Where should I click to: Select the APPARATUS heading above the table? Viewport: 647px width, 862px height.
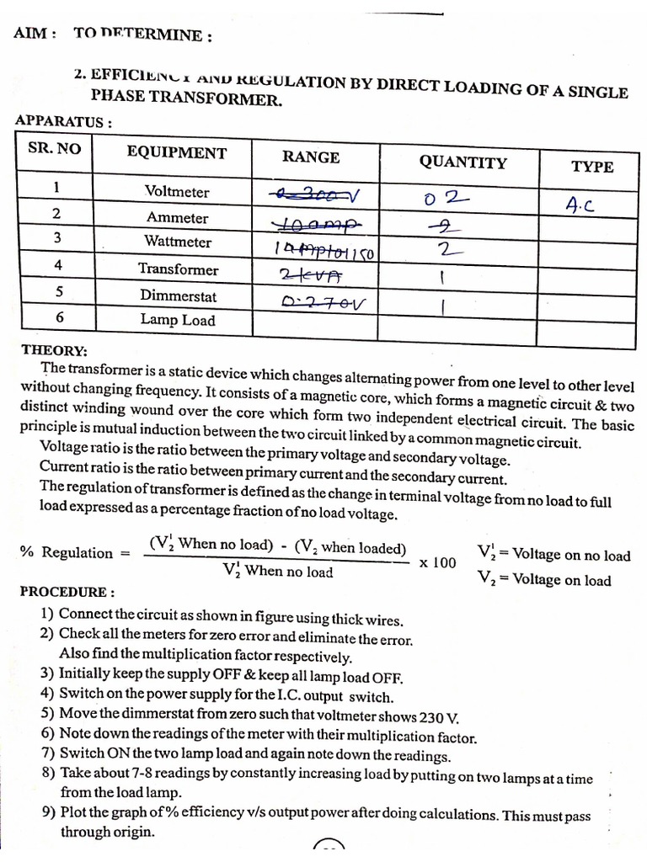pos(63,121)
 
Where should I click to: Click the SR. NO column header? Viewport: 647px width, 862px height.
pos(55,148)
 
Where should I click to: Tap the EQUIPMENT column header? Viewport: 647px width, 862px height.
pos(176,152)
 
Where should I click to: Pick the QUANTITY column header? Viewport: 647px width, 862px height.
pos(463,162)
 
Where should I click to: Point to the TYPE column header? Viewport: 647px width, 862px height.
pos(592,166)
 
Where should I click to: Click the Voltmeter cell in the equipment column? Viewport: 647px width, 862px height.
pos(176,191)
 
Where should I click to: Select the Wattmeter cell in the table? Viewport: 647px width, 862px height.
pos(177,242)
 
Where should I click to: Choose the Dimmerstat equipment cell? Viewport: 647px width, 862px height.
pos(178,295)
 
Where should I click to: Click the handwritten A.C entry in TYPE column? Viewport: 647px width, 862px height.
pos(580,204)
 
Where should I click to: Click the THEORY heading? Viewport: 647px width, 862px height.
pos(54,350)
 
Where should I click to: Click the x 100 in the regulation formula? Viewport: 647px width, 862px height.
pos(437,562)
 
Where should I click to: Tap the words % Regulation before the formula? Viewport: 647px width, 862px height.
pos(67,552)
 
